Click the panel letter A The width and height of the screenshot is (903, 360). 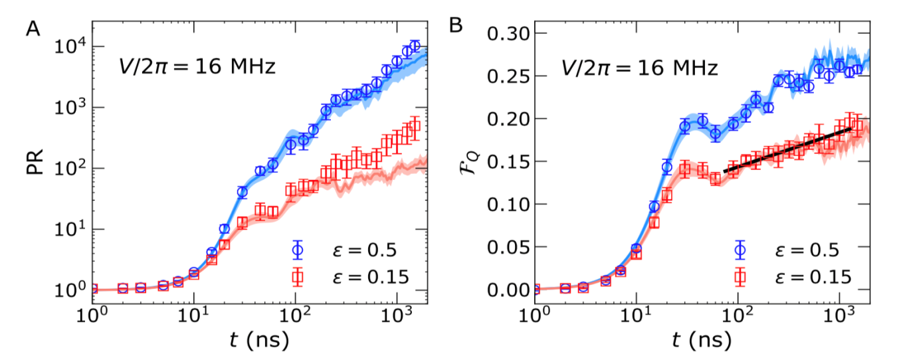pyautogui.click(x=32, y=27)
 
